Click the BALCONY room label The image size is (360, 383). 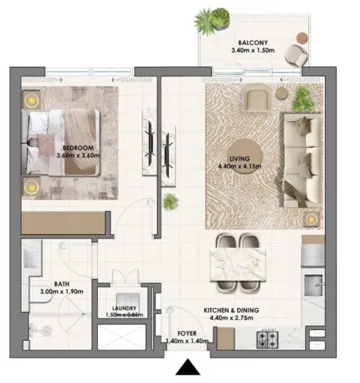[253, 43]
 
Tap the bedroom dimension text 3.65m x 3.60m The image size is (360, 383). [78, 155]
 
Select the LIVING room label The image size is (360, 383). [240, 159]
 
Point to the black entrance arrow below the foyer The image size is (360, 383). [187, 367]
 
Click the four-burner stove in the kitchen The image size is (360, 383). [267, 340]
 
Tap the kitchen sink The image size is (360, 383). [314, 285]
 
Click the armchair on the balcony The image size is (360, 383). [296, 55]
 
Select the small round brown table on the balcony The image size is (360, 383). [302, 38]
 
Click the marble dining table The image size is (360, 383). [238, 265]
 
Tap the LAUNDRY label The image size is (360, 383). [124, 308]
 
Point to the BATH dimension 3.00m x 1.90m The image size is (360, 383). [62, 292]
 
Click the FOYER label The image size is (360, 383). [187, 334]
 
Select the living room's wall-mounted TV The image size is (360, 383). [168, 155]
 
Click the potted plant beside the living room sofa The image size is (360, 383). [303, 99]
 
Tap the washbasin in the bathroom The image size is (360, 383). [32, 258]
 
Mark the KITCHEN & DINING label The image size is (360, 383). [231, 311]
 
